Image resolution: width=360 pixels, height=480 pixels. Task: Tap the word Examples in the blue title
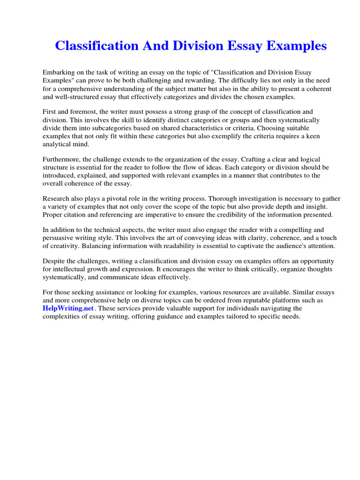pyautogui.click(x=294, y=46)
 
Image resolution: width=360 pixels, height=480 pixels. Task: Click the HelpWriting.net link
pyautogui.click(x=68, y=308)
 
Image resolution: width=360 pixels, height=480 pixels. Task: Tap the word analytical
pyautogui.click(x=60, y=144)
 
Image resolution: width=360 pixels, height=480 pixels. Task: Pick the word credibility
pyautogui.click(x=225, y=215)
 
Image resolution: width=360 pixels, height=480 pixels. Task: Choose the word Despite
pyautogui.click(x=54, y=262)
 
